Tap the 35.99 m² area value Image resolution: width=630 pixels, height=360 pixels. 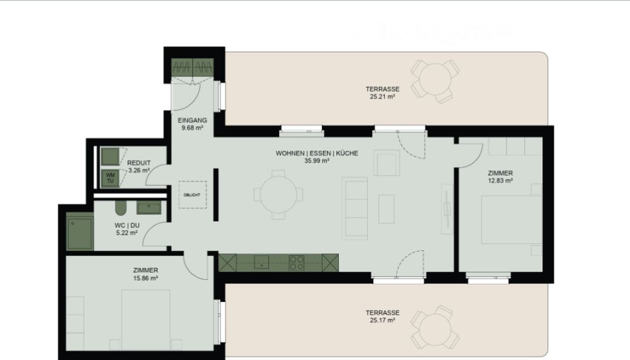(316, 161)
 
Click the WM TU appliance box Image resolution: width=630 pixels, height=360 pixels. (110, 178)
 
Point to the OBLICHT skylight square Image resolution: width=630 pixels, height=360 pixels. (192, 195)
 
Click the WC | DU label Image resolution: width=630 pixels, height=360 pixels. (127, 225)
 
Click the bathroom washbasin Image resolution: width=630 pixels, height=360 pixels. (149, 207)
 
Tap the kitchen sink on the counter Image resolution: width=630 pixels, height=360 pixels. (261, 262)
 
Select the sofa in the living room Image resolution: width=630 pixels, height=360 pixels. (355, 207)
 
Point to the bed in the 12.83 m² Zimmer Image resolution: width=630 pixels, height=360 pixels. (510, 219)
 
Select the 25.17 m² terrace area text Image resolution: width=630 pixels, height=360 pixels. (382, 320)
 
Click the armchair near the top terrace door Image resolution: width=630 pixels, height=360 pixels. (386, 163)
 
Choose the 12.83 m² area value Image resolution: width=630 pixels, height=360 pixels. (500, 180)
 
